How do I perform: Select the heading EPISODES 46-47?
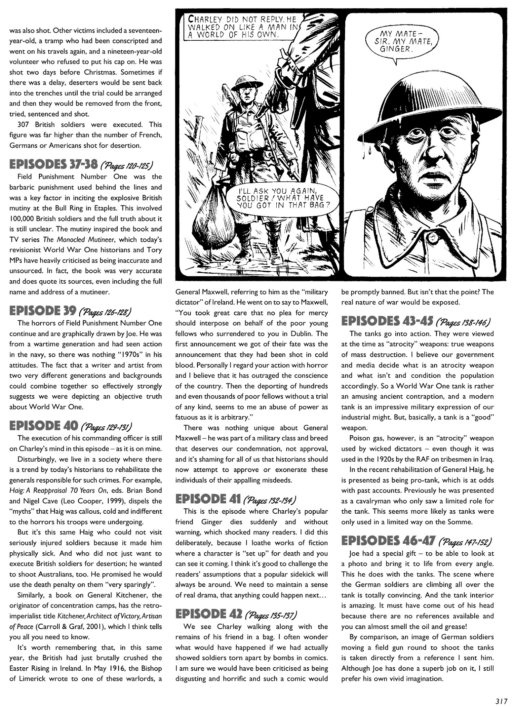click(x=387, y=541)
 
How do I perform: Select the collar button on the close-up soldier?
click(x=431, y=238)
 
